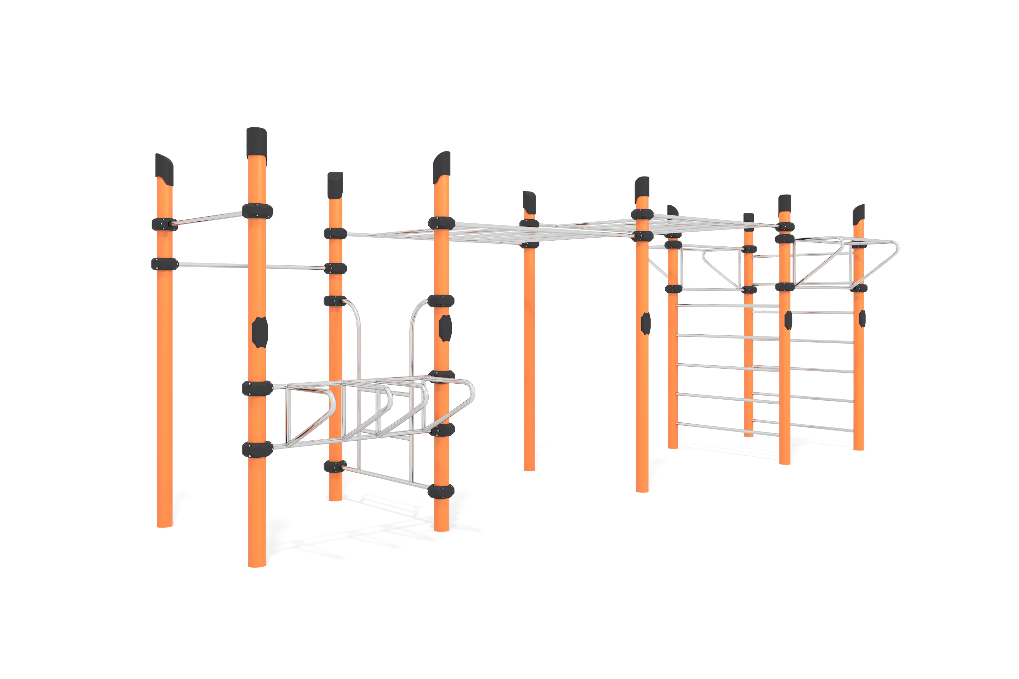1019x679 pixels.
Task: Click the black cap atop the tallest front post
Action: click(256, 142)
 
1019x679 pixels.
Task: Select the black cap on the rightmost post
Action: click(858, 215)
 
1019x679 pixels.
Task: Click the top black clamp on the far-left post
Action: click(164, 224)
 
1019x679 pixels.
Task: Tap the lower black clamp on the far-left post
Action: click(164, 264)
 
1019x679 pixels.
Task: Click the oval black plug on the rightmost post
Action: click(862, 318)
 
